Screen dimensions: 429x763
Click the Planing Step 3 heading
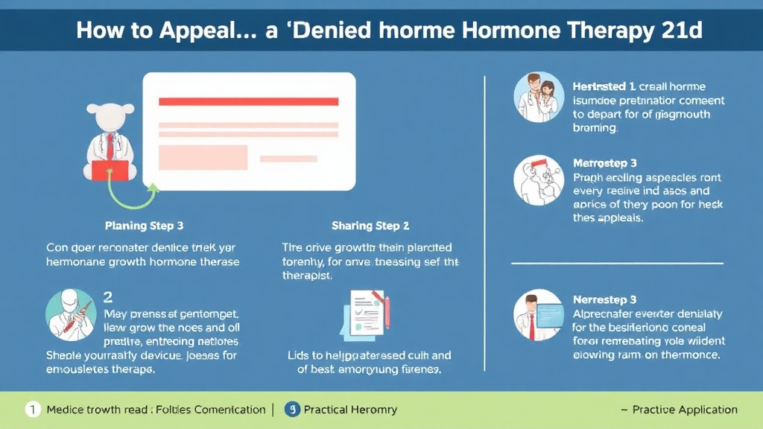pyautogui.click(x=145, y=225)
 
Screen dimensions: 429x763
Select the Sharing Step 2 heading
pyautogui.click(x=370, y=225)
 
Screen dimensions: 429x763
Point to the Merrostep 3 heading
pyautogui.click(x=604, y=162)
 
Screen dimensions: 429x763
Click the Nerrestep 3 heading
pyautogui.click(x=604, y=300)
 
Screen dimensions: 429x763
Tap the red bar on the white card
pyautogui.click(x=249, y=101)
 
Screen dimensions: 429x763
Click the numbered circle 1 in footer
pyautogui.click(x=32, y=410)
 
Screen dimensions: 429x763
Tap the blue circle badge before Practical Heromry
pyautogui.click(x=293, y=410)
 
